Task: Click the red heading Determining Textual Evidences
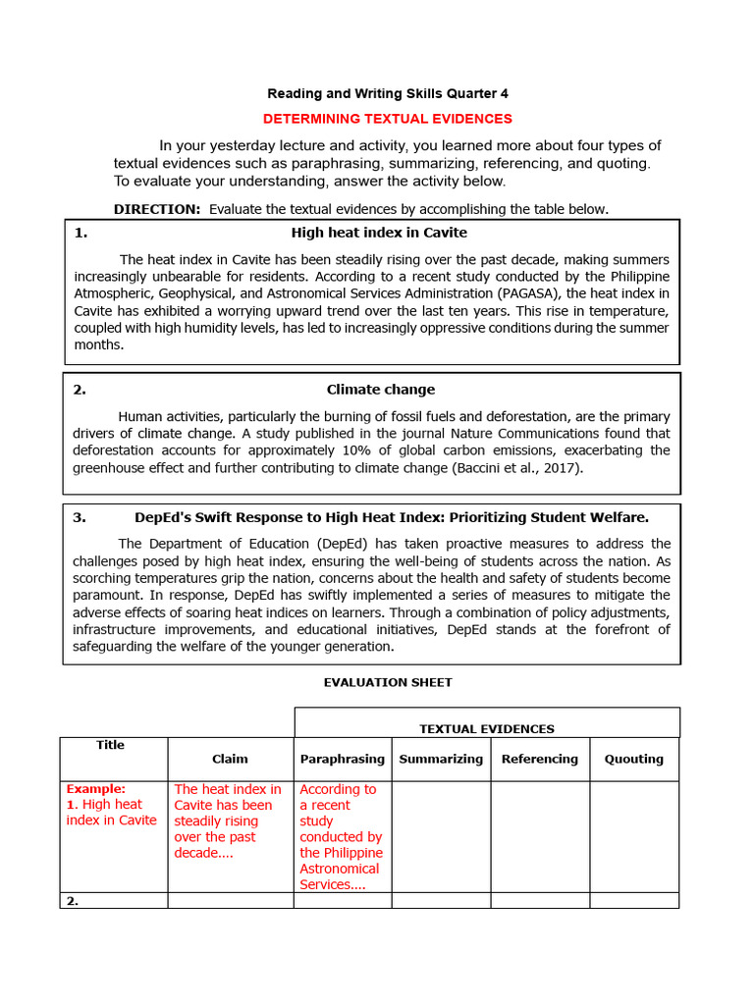[x=388, y=119]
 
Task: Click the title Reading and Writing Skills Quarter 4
[x=388, y=94]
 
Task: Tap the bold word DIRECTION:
[x=157, y=209]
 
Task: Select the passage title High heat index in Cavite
[x=379, y=233]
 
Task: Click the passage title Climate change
[x=381, y=390]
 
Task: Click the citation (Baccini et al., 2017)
[x=516, y=468]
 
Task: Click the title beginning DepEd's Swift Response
[x=391, y=517]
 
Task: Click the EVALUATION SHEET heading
[x=388, y=682]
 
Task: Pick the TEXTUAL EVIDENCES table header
[x=486, y=729]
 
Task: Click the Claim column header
[x=230, y=759]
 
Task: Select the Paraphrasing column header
[x=342, y=759]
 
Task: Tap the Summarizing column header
[x=441, y=759]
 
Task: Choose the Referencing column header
[x=539, y=759]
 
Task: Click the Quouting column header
[x=633, y=759]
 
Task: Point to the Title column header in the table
[x=110, y=745]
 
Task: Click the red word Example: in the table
[x=96, y=789]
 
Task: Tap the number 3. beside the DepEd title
[x=80, y=517]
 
